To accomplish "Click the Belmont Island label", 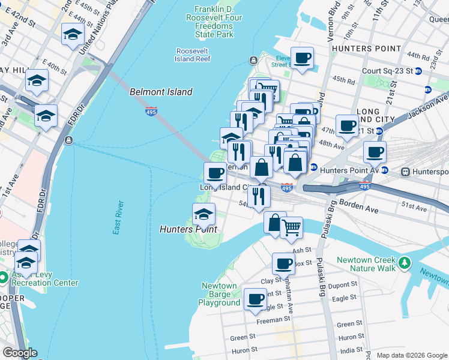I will [x=161, y=92].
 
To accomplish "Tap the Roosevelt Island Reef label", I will [x=193, y=55].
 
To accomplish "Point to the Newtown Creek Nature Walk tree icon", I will [x=405, y=263].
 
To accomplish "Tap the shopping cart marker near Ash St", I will [x=291, y=227].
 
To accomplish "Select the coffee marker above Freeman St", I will [x=255, y=298].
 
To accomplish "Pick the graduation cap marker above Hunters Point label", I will [x=203, y=214].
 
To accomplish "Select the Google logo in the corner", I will [x=19, y=353].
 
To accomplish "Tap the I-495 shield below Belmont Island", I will [x=151, y=111].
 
